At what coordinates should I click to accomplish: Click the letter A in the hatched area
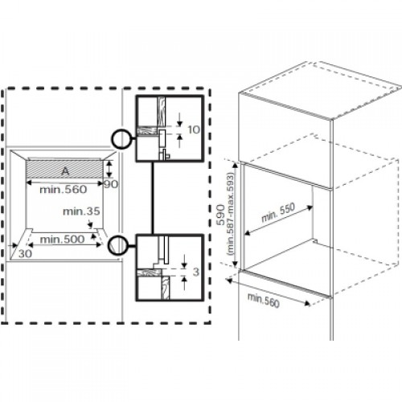coord(65,171)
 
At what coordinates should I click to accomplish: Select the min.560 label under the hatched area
coord(64,190)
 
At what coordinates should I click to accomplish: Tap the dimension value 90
coord(111,184)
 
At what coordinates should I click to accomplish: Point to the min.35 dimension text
coord(81,211)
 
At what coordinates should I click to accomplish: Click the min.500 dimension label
coord(62,240)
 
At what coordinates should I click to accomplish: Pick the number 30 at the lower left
coord(25,253)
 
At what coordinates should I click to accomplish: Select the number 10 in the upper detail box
coord(194,130)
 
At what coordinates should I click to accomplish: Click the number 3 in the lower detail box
coord(196,272)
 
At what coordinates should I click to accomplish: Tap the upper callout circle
coord(121,138)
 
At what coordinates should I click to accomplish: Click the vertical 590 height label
coord(221,215)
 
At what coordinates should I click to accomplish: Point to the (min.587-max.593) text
coord(230,214)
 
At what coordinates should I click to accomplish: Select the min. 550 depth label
coord(278,212)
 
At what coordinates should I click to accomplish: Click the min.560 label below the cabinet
coord(264,300)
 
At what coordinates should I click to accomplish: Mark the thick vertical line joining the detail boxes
coord(153,198)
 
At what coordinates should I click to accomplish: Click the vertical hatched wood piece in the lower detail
coord(166,288)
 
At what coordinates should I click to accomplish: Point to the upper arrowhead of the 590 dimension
coord(236,164)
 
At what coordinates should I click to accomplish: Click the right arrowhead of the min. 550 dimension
coord(310,207)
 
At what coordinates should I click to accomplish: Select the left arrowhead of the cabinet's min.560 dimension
coord(228,281)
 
